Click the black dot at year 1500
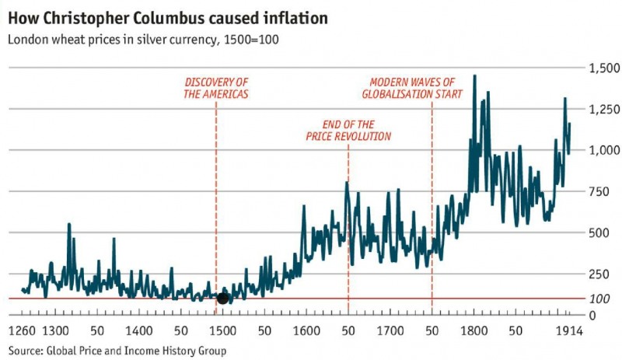222,299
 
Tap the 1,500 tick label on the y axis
605,68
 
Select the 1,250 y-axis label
605,109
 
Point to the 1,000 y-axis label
605,150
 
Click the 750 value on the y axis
599,191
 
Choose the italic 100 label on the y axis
599,299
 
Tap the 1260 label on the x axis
23,330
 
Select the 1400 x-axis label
139,330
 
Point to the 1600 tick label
306,330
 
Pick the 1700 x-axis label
390,330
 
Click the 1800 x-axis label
473,330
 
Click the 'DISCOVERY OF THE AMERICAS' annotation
216,88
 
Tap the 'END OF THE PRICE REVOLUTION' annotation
348,131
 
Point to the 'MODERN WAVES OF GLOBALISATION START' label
412,88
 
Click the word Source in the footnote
25,351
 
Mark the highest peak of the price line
475,75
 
